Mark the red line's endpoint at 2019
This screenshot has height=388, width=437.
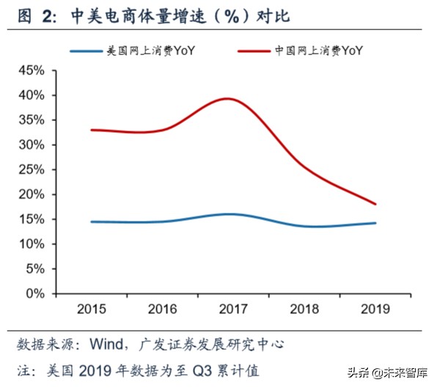pos(375,204)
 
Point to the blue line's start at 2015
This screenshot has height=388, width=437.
pos(91,222)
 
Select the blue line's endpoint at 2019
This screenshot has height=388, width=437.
pos(375,223)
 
